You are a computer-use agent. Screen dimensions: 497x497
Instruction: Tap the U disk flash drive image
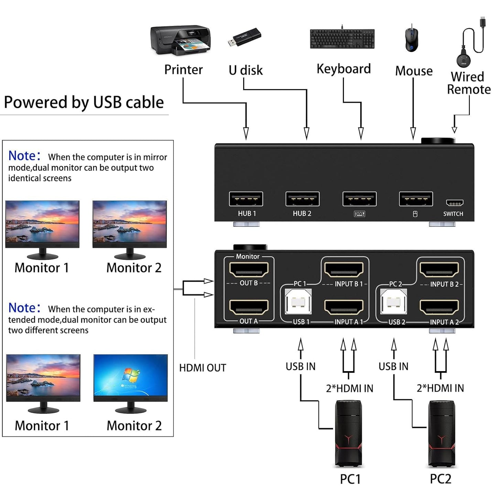[x=244, y=37]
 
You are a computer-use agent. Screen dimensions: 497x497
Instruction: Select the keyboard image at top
[x=342, y=39]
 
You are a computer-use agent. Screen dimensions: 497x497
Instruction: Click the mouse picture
[x=411, y=38]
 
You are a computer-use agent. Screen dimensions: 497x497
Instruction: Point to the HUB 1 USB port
[x=246, y=199]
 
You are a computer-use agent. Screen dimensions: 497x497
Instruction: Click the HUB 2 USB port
[x=302, y=199]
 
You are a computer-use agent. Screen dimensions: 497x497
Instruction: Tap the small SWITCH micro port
[x=454, y=203]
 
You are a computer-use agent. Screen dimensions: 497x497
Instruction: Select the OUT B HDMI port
[x=249, y=269]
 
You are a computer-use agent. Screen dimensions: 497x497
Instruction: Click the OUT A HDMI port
[x=249, y=307]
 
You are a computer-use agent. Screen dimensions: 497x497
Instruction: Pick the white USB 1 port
[x=298, y=302]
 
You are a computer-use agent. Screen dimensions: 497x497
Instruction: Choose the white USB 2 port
[x=394, y=302]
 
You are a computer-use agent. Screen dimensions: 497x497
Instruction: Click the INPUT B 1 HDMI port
[x=344, y=269]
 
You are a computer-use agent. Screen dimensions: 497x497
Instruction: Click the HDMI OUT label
[x=203, y=368]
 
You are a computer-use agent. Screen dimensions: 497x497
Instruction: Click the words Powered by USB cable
[x=84, y=102]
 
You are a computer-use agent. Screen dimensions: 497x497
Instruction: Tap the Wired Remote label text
[x=468, y=83]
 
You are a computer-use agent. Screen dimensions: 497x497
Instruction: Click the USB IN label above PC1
[x=300, y=366]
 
